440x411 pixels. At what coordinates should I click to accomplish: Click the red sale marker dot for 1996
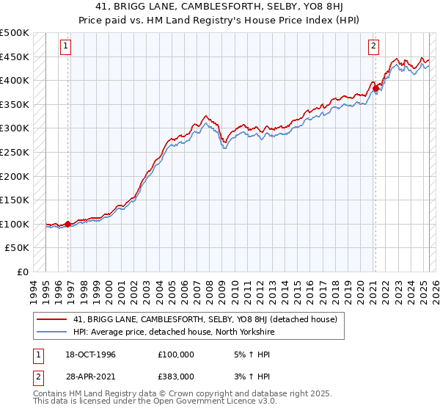point(68,224)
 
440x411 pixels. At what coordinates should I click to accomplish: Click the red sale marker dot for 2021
point(376,89)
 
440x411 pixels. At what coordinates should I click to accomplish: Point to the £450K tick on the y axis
point(15,57)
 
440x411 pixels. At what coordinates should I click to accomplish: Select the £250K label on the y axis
point(15,152)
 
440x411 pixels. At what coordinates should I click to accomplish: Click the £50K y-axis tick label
point(18,248)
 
